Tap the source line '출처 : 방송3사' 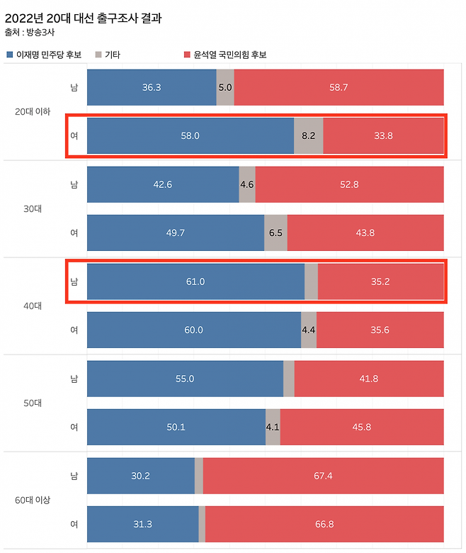tap(32, 33)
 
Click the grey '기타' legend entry tap(112, 55)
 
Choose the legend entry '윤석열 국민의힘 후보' tap(225, 55)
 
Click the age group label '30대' tap(32, 208)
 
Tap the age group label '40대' tap(32, 306)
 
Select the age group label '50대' tap(32, 403)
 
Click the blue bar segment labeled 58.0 tap(190, 136)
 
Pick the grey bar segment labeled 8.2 tap(308, 136)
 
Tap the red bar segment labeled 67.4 tap(323, 475)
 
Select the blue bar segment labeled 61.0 tap(195, 281)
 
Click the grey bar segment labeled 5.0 tap(225, 87)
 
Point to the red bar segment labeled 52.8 tap(349, 184)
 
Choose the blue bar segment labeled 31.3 tap(142, 524)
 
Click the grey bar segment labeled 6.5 tap(275, 233)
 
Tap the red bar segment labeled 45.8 tap(362, 427)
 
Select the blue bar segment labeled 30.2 tap(140, 475)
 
